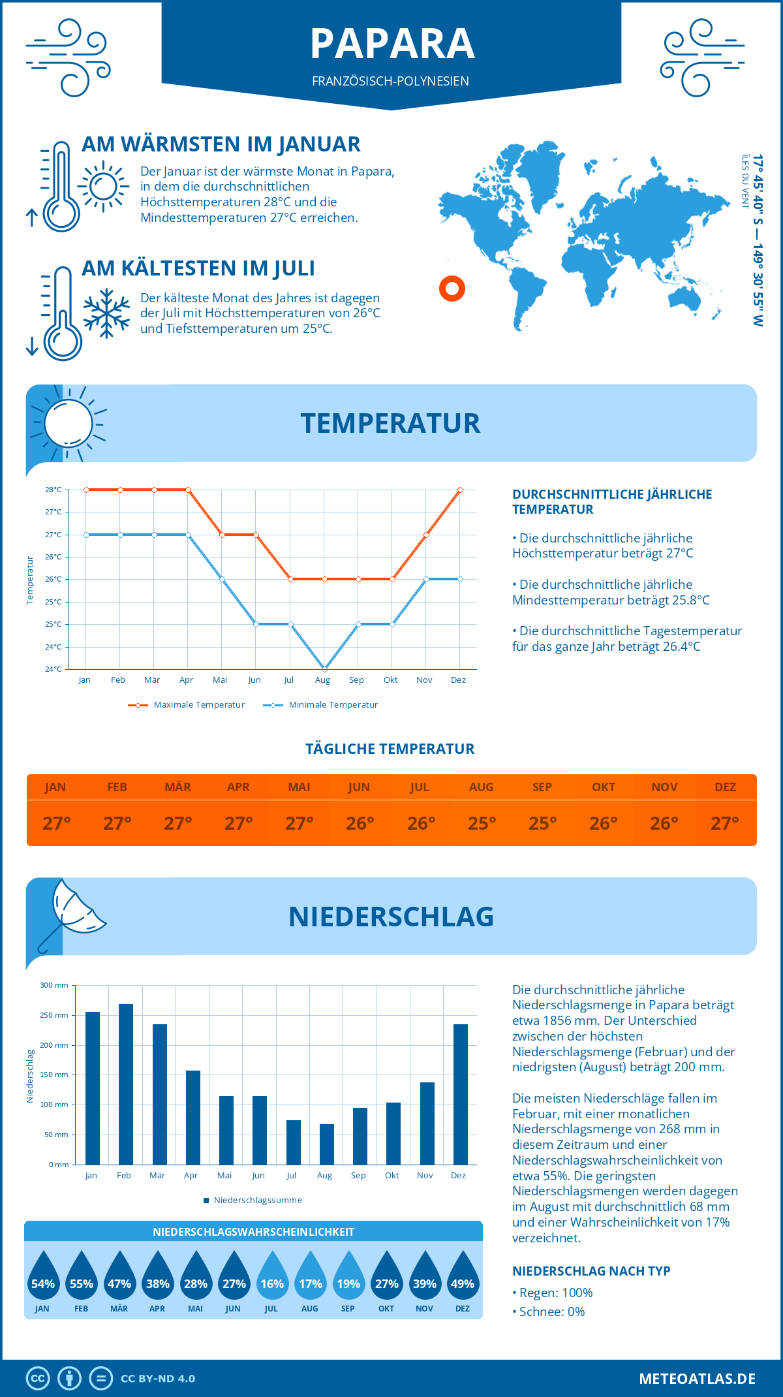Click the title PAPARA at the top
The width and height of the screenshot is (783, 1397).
click(392, 44)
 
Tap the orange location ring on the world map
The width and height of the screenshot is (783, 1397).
click(452, 288)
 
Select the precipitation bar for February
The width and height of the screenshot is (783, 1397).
click(125, 1084)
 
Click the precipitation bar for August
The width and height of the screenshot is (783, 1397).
click(327, 1144)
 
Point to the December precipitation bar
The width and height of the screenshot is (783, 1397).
click(461, 1094)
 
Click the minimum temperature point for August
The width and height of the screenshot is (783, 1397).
click(324, 669)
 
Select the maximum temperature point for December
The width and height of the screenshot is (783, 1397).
click(460, 490)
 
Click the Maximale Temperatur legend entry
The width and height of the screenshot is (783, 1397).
click(187, 705)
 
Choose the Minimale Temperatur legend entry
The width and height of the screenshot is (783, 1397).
click(321, 705)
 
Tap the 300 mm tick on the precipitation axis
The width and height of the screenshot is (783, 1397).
click(54, 985)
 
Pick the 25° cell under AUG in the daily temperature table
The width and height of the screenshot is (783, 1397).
click(482, 823)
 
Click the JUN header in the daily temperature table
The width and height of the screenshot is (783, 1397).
click(359, 787)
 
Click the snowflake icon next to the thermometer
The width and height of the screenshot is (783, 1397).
click(106, 313)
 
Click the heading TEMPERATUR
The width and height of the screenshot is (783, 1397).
click(390, 423)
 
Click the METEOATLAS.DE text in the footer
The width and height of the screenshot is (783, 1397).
click(697, 1379)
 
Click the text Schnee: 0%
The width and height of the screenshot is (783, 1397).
click(551, 1311)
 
